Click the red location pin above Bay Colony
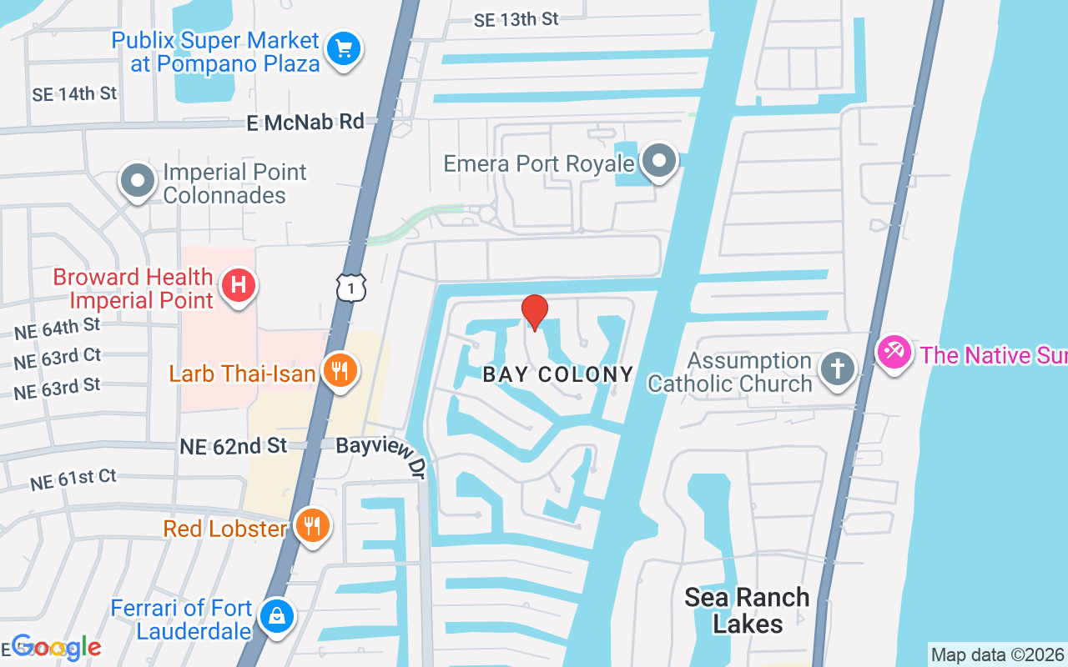(x=534, y=312)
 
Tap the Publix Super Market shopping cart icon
(x=343, y=48)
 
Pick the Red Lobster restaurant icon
(x=312, y=526)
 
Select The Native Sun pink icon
(x=894, y=352)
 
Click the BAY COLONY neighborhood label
(x=558, y=374)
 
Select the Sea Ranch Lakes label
(x=747, y=610)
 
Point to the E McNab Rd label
(x=306, y=123)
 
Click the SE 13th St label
(x=516, y=20)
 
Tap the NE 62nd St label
(x=234, y=447)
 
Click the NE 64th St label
(x=57, y=328)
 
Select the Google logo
(x=57, y=647)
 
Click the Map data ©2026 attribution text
(x=997, y=654)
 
